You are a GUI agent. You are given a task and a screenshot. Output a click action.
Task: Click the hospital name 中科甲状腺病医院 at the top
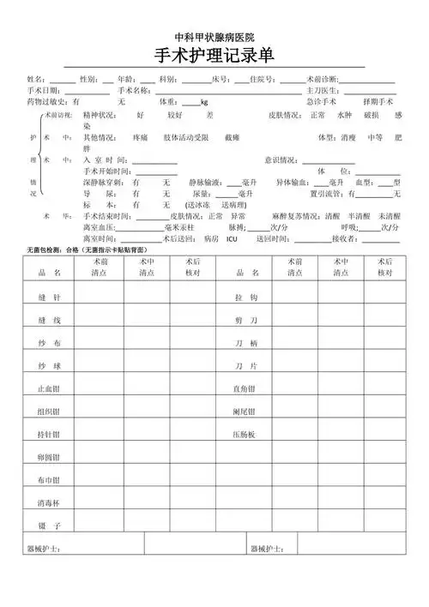(214, 38)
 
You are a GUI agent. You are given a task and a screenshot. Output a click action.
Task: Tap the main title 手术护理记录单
(214, 57)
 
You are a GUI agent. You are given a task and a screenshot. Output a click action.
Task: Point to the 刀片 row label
(246, 365)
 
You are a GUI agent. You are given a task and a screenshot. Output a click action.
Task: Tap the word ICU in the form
(232, 239)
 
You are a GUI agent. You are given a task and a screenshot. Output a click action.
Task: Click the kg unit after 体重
(204, 102)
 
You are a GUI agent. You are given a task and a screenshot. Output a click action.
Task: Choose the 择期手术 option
(379, 101)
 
